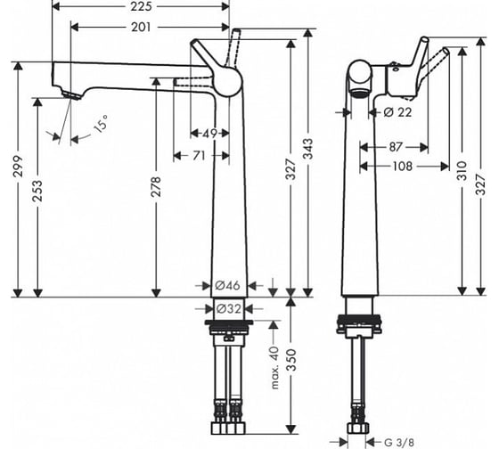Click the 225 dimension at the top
pos(141,6)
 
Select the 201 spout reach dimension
pos(141,28)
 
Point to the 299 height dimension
pos(18,166)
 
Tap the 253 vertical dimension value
pos(37,191)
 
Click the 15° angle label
pos(101,124)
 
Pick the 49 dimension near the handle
pos(209,134)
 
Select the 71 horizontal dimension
pos(199,156)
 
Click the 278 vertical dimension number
pos(156,186)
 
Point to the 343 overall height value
pos(307,149)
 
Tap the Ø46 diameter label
pos(227,285)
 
